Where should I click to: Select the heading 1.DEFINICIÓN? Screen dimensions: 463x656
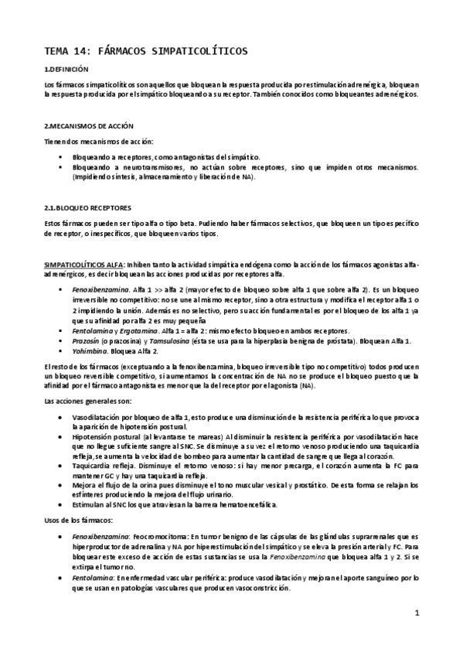68,69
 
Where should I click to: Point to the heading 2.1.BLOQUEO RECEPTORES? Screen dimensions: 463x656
87,208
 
